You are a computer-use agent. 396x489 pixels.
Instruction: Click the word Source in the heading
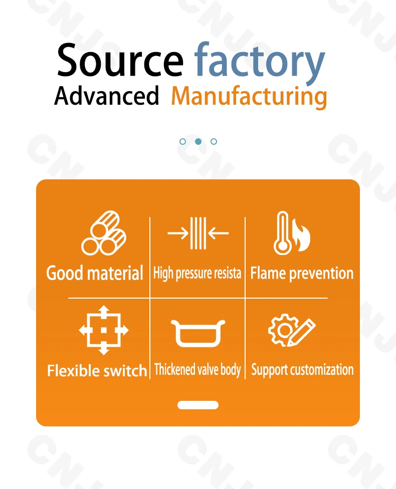(x=120, y=60)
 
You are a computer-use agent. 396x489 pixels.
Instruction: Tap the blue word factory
(x=260, y=62)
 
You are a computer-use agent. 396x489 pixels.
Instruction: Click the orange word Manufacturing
(x=249, y=97)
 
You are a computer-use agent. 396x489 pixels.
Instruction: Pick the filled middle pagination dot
(x=198, y=142)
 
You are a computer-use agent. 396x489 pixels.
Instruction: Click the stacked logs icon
(x=104, y=233)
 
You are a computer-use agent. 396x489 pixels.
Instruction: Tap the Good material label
(x=95, y=274)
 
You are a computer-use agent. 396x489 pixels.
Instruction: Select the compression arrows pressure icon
(x=198, y=233)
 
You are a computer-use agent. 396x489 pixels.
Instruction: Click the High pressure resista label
(x=197, y=274)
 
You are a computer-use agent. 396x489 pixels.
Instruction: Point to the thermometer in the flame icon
(x=282, y=233)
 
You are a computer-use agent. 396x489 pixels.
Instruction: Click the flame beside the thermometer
(x=302, y=235)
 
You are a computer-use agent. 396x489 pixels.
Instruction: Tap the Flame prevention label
(x=302, y=274)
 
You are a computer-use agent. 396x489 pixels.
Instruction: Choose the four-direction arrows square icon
(x=104, y=330)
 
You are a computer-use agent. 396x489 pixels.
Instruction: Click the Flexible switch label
(x=97, y=371)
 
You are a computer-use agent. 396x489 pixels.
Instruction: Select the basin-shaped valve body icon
(x=198, y=333)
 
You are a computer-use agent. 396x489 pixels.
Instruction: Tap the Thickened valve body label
(x=197, y=370)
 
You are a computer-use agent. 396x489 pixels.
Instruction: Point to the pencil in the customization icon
(x=301, y=333)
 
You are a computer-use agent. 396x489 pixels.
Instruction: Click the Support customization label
(x=302, y=370)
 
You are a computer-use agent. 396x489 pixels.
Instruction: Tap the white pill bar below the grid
(x=198, y=405)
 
